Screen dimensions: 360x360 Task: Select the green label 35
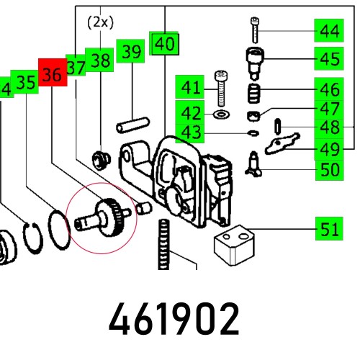click(26, 82)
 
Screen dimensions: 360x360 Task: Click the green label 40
click(165, 44)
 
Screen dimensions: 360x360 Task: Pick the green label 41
click(190, 89)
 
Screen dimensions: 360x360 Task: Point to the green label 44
click(330, 31)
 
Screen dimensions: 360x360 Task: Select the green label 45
click(330, 58)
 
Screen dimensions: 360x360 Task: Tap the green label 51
click(330, 230)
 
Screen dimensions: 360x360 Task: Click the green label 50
click(330, 171)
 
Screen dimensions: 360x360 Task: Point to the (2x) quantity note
click(101, 22)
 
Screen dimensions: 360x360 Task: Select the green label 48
click(330, 127)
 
